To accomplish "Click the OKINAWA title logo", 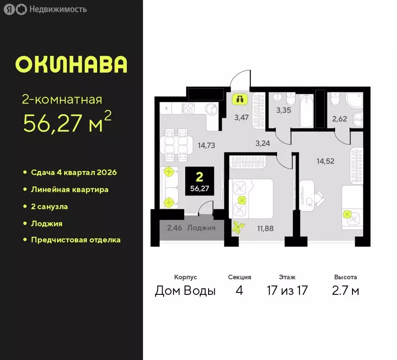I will point(71,65).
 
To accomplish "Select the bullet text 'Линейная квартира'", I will point(70,189).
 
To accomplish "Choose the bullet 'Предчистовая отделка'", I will point(75,240).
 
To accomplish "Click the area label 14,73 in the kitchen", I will point(206,145).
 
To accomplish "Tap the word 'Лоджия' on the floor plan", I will point(201,228).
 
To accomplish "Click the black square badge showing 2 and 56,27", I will point(200,182).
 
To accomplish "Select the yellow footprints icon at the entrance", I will point(240,99).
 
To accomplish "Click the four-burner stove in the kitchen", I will point(188,109).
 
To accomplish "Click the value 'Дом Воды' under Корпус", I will point(185,291).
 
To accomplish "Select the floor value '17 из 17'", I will point(287,291).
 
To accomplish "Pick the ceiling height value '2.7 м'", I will point(346,291).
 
